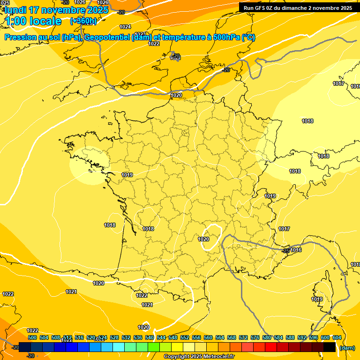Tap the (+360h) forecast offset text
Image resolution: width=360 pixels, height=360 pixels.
[x=83, y=21]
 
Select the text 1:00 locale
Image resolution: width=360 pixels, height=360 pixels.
[x=33, y=21]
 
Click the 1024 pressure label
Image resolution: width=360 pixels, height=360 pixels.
[x=125, y=27]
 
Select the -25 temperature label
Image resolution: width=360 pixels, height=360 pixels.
[x=285, y=251]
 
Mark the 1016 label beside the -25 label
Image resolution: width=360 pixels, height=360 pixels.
[x=296, y=250]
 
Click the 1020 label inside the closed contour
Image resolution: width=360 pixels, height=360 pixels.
[x=203, y=239]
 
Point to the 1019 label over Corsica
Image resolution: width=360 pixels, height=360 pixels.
[x=317, y=299]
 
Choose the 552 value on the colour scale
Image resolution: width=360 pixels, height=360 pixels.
[x=185, y=337]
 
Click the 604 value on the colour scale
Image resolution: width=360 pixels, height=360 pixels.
[x=337, y=337]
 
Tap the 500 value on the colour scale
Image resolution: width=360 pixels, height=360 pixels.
[x=32, y=337]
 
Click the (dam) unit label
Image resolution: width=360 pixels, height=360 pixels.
[x=347, y=348]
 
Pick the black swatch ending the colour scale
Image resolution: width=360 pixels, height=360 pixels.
[x=329, y=347]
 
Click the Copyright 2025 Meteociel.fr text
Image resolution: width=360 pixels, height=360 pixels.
[x=199, y=357]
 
